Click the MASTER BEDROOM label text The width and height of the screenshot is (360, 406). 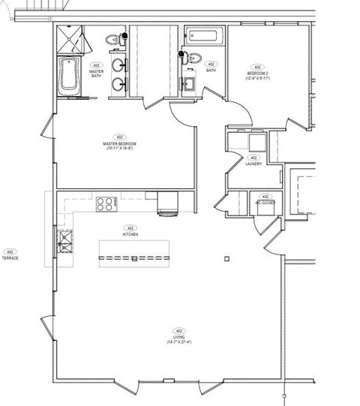pos(118,144)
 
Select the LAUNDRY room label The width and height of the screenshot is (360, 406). pos(253,164)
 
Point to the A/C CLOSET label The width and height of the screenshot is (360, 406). pos(265,203)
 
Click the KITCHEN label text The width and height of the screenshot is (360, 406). pos(130,234)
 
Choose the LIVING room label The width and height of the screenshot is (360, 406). pos(179,338)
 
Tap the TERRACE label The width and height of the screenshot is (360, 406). pos(10,257)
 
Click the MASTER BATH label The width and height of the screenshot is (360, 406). pos(96,74)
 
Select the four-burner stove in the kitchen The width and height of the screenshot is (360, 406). pos(105,202)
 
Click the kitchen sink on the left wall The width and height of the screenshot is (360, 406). pos(64,241)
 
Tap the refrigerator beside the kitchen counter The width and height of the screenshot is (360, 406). pos(167,203)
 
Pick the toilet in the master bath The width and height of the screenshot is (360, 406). pos(112,39)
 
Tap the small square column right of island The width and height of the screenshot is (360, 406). pos(226,258)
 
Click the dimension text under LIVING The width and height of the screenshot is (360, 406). pos(179,342)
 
